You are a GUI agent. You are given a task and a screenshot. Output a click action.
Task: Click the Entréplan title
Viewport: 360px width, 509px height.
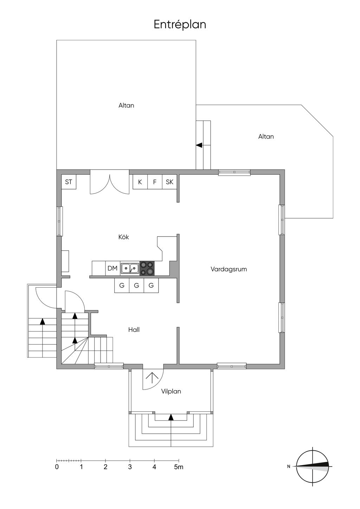180,25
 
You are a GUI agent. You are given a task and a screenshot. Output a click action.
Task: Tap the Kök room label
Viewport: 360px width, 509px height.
124,237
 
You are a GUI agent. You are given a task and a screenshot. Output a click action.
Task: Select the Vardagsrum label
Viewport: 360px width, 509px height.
229,270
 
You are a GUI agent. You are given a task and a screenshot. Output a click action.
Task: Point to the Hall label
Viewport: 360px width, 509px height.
134,330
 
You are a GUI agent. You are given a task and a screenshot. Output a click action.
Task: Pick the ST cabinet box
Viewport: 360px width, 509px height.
69,182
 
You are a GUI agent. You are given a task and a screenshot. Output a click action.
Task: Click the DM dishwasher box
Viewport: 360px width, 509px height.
112,268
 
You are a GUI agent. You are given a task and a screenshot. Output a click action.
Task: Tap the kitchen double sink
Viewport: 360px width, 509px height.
130,268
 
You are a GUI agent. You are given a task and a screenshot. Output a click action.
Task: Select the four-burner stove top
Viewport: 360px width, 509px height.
147,268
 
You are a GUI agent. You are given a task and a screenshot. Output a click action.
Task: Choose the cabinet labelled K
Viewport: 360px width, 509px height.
140,182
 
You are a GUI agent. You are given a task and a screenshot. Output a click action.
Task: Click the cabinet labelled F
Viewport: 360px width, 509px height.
155,182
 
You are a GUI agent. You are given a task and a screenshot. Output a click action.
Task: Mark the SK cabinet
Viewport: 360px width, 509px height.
169,182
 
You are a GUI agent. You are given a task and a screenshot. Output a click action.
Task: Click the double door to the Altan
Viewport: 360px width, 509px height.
110,184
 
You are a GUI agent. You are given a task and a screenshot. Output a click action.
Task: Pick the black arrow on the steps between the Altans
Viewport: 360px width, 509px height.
199,145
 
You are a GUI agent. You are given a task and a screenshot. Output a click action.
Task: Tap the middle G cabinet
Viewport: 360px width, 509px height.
136,285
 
